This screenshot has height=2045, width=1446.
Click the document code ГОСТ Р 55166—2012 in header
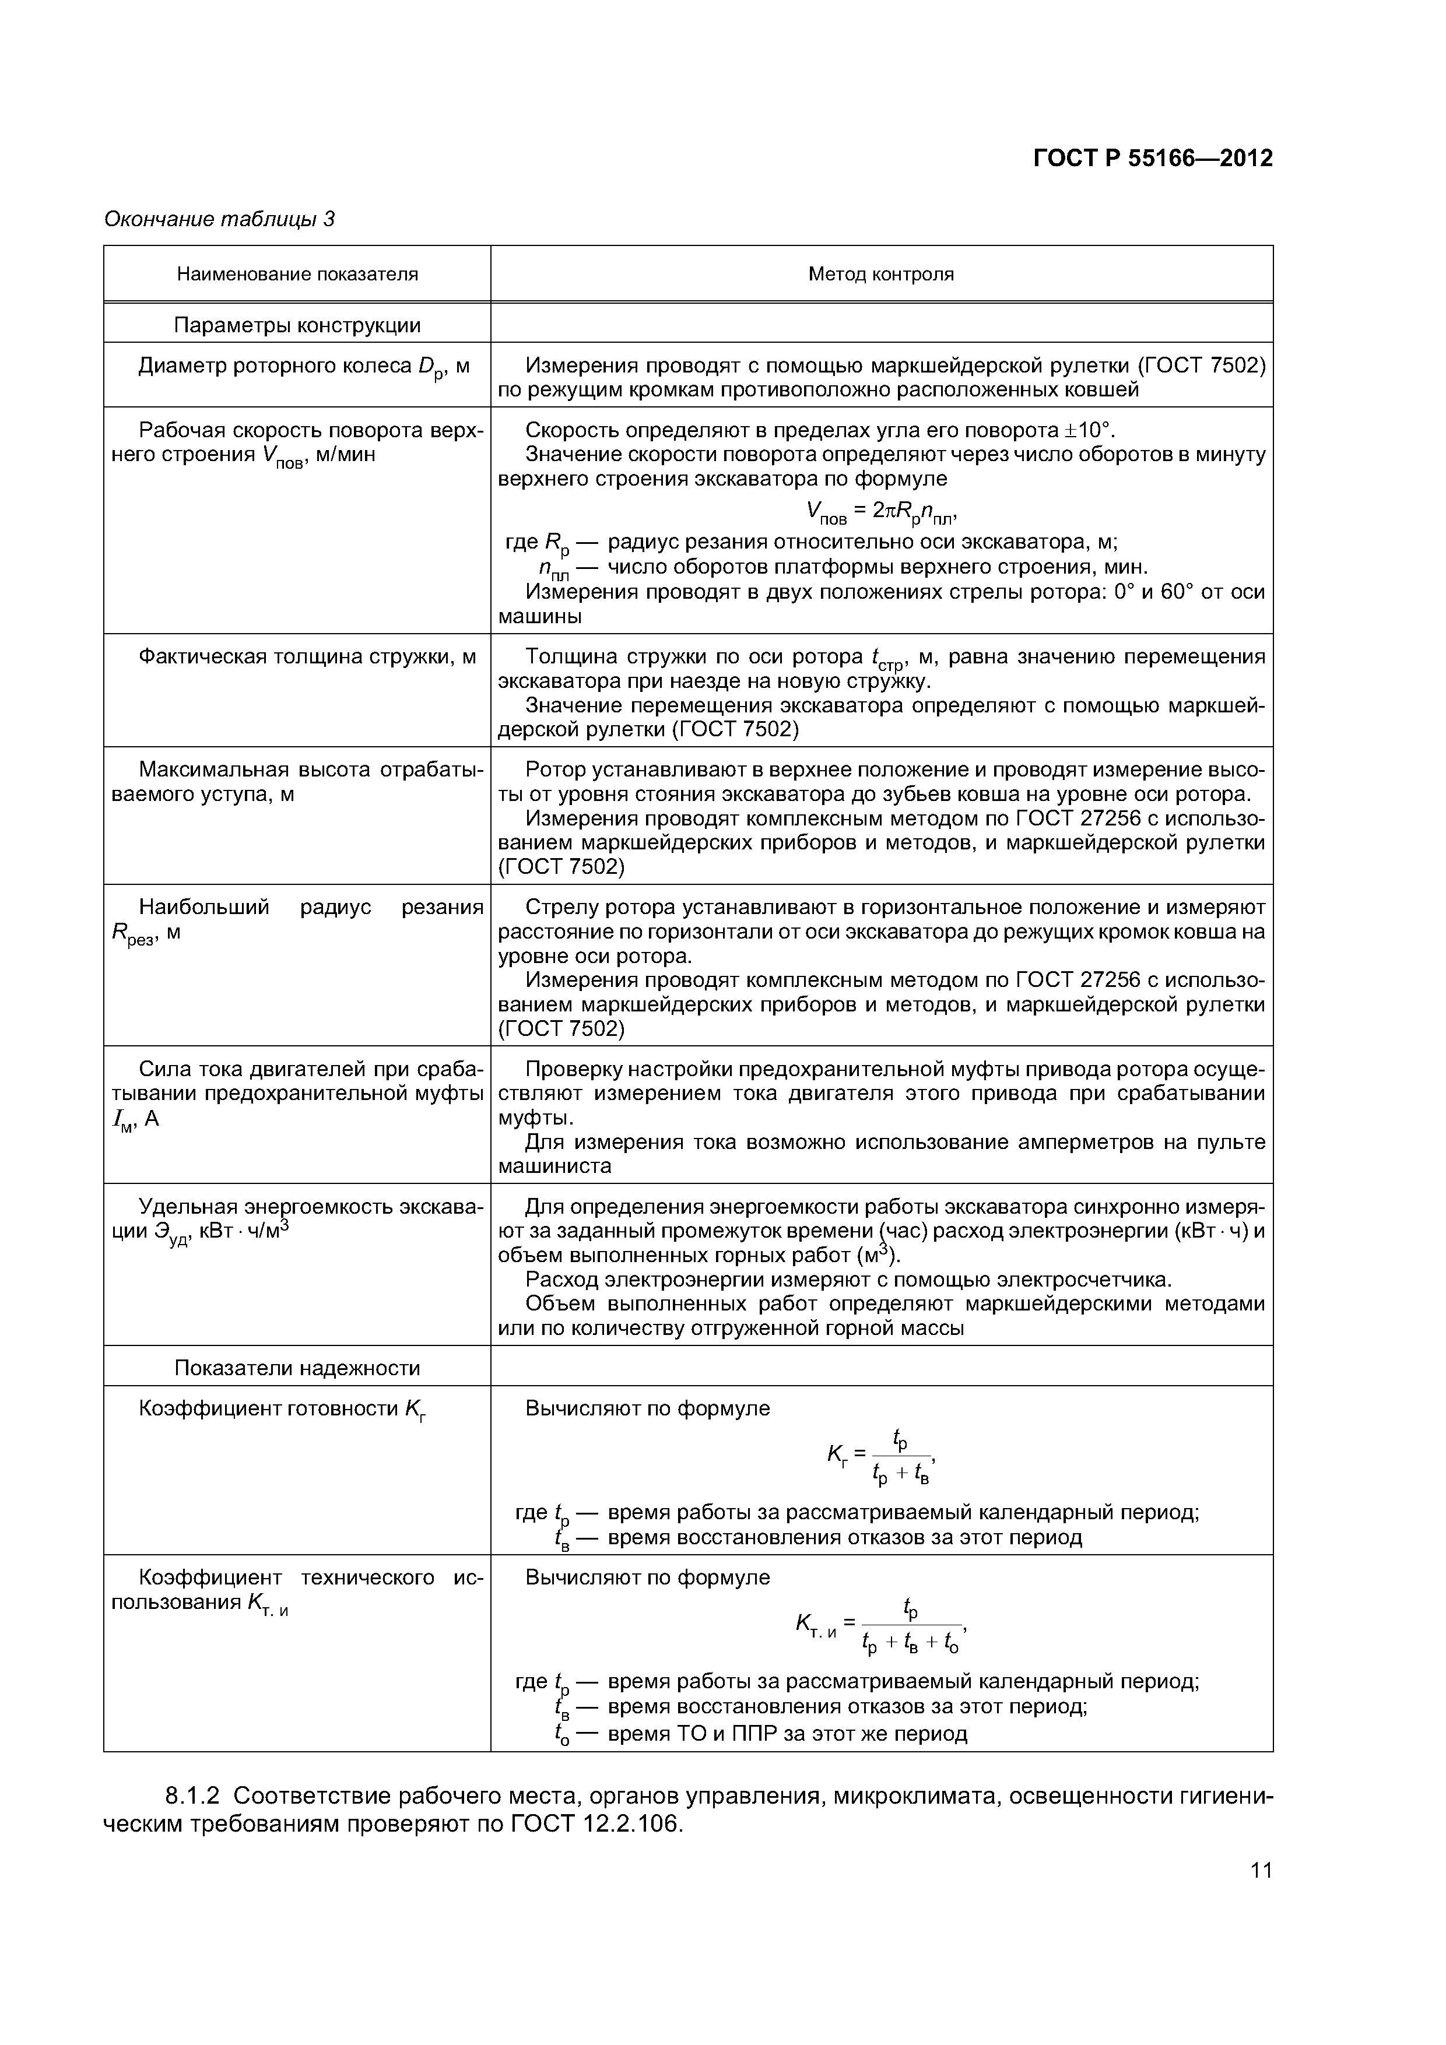click(x=1152, y=159)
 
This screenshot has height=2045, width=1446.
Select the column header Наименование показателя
click(x=297, y=275)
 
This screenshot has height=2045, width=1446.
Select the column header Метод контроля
click(x=880, y=275)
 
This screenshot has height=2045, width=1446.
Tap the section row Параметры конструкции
click(x=297, y=325)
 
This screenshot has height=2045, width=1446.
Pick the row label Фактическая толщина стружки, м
click(x=307, y=658)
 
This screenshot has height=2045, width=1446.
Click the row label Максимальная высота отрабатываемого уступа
click(x=297, y=781)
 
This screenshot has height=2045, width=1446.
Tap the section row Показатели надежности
click(x=297, y=1368)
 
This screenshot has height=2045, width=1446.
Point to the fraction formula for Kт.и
click(x=880, y=1625)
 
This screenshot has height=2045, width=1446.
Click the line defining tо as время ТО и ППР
click(x=761, y=1733)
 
